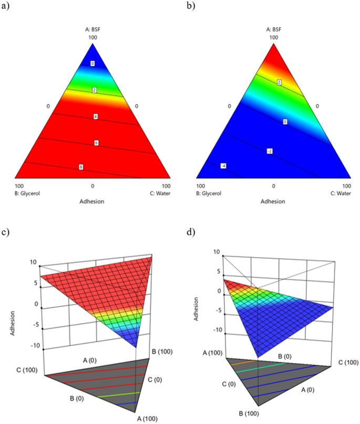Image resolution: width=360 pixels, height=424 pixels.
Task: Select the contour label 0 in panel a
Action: click(x=92, y=64)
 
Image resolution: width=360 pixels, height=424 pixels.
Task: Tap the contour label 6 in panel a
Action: click(x=96, y=143)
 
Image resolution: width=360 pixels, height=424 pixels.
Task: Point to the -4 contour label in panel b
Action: click(x=208, y=166)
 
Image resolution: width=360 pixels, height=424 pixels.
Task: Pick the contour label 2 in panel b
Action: click(x=279, y=82)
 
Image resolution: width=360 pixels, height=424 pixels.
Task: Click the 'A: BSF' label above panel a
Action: click(x=92, y=29)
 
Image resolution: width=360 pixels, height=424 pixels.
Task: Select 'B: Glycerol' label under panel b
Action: click(x=208, y=193)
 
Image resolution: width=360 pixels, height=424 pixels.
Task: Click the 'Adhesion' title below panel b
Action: click(x=273, y=201)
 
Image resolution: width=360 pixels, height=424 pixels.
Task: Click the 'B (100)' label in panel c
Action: click(x=163, y=351)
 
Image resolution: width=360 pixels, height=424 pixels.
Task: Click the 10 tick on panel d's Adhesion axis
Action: click(x=216, y=252)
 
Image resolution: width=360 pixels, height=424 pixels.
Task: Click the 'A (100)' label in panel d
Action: click(x=213, y=353)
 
